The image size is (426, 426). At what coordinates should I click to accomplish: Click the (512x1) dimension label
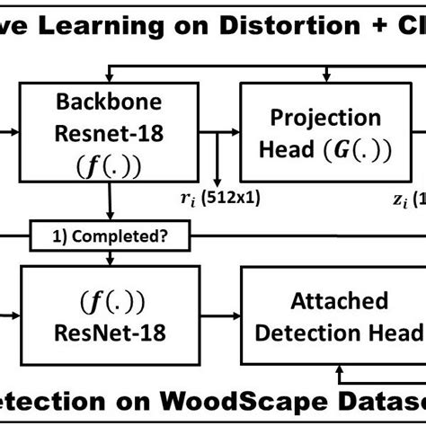coord(232,199)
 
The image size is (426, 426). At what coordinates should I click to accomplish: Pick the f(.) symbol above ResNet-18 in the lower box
coord(108,299)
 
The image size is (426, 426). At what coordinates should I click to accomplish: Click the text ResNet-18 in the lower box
coord(109,332)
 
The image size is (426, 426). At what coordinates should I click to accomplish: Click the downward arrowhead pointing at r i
coord(216,184)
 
